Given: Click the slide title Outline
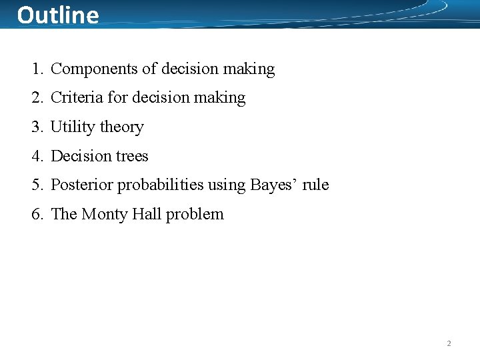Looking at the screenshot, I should pos(58,15).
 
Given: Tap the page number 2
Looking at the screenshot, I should pos(449,343).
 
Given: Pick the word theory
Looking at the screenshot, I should pos(121,127).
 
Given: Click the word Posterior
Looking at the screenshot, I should pos(83,185).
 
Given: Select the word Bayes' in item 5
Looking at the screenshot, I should pos(273,185).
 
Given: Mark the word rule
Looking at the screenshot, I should pos(316,185).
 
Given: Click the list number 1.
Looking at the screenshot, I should pos(36,69).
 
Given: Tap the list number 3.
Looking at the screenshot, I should pos(36,127).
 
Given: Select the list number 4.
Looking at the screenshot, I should pos(36,156).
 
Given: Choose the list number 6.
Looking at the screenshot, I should pos(36,214).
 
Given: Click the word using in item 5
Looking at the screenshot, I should pos(227,185).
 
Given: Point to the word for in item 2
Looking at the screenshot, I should pos(117,98).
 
